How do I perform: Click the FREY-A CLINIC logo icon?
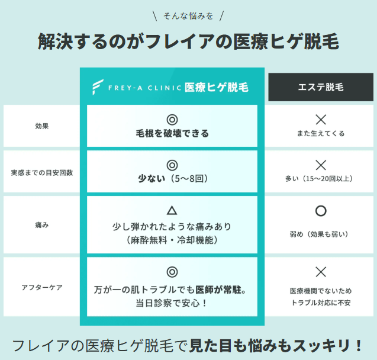pyautogui.click(x=98, y=87)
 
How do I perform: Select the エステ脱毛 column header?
pyautogui.click(x=320, y=87)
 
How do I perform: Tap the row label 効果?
pyautogui.click(x=42, y=126)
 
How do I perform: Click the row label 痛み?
pyautogui.click(x=42, y=226)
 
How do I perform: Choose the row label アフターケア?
pyautogui.click(x=42, y=287)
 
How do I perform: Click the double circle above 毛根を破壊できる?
pyautogui.click(x=172, y=119)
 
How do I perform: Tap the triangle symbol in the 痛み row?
pyautogui.click(x=172, y=210)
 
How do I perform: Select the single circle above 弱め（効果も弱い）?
pyautogui.click(x=321, y=211)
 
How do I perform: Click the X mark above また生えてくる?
pyautogui.click(x=321, y=119)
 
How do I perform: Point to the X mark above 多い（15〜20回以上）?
pyautogui.click(x=321, y=165)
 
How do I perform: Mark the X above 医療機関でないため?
pyautogui.click(x=321, y=272)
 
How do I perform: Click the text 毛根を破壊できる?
pyautogui.click(x=172, y=134)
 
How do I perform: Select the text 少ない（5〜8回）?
pyautogui.click(x=172, y=178)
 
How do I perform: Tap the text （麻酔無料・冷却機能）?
pyautogui.click(x=172, y=240)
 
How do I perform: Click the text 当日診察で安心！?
pyautogui.click(x=172, y=303)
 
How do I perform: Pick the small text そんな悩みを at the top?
pyautogui.click(x=188, y=15)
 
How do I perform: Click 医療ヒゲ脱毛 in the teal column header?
pyautogui.click(x=217, y=87)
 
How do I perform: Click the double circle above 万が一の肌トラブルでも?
pyautogui.click(x=172, y=272)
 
